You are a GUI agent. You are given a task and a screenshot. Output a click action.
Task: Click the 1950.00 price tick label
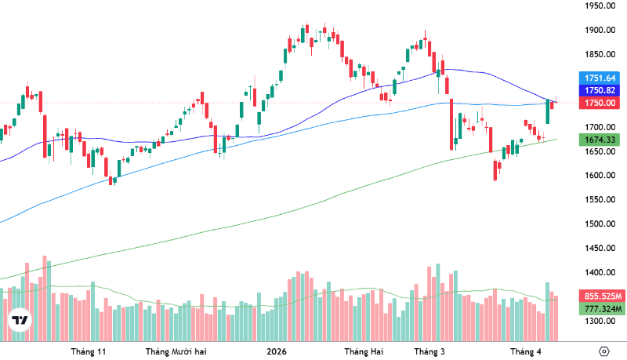[598, 6]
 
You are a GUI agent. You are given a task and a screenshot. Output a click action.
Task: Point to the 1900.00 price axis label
[598, 31]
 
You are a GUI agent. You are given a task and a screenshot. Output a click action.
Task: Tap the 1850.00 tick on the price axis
[598, 55]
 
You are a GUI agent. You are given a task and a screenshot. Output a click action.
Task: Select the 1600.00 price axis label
[598, 176]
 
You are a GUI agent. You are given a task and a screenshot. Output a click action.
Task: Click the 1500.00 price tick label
[598, 224]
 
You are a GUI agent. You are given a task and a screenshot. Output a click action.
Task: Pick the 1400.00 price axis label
[598, 273]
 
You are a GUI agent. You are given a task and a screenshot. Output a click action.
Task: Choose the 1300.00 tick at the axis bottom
[598, 322]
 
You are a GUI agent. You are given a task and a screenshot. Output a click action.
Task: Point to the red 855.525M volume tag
[600, 296]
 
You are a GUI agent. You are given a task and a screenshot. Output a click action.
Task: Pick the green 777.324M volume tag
[600, 309]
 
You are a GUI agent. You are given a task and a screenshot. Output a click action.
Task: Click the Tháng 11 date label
[88, 351]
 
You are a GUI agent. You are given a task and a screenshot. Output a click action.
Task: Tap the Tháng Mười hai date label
[177, 351]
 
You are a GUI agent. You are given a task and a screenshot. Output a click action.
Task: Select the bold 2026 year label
[277, 351]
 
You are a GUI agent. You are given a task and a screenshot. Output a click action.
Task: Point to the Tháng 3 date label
[429, 351]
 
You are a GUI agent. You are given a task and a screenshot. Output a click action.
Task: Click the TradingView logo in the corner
[20, 322]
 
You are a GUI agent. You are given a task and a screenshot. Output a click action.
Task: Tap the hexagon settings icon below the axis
[603, 351]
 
